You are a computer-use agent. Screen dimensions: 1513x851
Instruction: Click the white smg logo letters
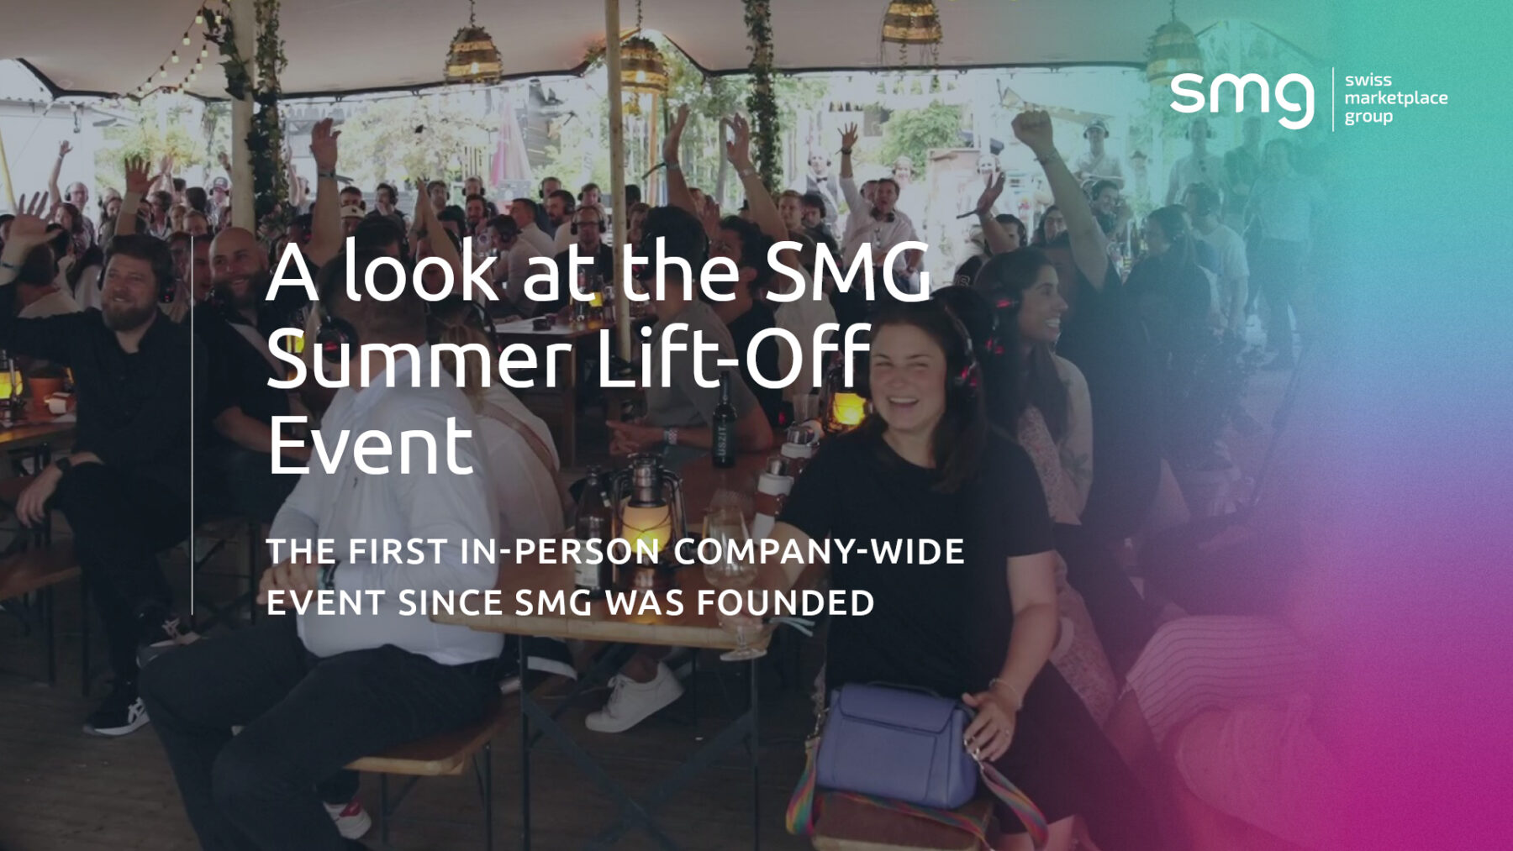1241,98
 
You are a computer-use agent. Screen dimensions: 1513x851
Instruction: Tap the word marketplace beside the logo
1395,97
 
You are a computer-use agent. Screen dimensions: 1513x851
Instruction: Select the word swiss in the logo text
1368,80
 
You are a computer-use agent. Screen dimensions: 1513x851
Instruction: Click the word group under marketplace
1368,117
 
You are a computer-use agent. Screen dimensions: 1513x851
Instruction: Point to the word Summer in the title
419,360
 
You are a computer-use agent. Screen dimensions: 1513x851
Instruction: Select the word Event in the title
371,445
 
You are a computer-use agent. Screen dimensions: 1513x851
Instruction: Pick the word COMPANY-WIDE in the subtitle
819,552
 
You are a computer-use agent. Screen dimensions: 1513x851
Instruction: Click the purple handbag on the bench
895,743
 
